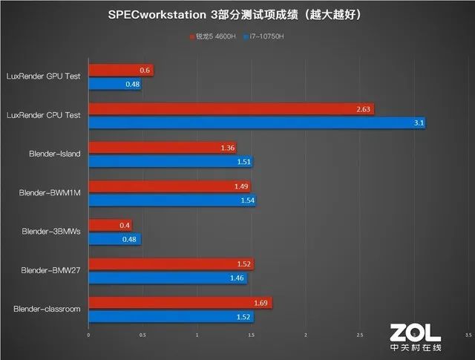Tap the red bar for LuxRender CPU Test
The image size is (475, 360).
pyautogui.click(x=231, y=109)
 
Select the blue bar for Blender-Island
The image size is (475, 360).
pyautogui.click(x=171, y=162)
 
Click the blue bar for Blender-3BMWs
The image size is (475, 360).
pyautogui.click(x=114, y=239)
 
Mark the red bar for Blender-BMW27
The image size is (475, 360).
pyautogui.click(x=171, y=264)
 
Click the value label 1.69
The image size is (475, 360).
pyautogui.click(x=263, y=303)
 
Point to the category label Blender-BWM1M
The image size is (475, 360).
pyautogui.click(x=50, y=193)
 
